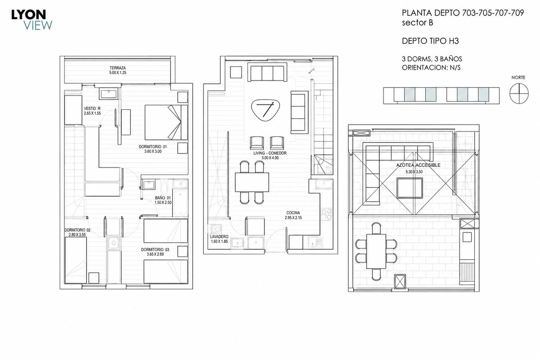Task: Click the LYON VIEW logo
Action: click(31, 20)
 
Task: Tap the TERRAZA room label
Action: click(117, 68)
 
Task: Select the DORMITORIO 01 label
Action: click(153, 147)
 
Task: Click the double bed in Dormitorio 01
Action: click(166, 122)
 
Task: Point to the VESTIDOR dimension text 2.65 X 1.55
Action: click(92, 113)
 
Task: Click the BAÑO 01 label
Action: click(163, 198)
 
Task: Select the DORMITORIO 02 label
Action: click(77, 230)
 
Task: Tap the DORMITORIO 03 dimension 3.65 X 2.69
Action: click(155, 254)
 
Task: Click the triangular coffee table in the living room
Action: click(265, 110)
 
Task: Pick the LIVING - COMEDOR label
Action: click(270, 153)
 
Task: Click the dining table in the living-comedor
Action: click(252, 182)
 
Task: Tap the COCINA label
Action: click(293, 213)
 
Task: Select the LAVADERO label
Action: click(219, 237)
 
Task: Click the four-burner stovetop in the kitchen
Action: click(327, 214)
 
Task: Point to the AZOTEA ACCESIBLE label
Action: click(418, 165)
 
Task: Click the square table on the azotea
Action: click(410, 188)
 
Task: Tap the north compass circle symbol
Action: click(519, 94)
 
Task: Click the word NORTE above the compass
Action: click(518, 78)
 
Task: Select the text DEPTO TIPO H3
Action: click(430, 41)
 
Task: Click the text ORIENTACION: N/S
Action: click(431, 68)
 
